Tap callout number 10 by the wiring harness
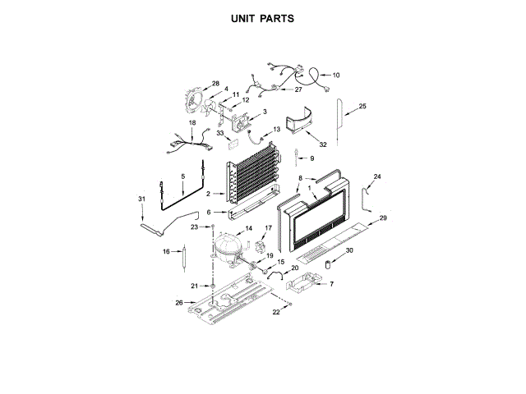click(335, 76)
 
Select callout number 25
click(362, 106)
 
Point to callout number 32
click(322, 144)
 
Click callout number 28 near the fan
click(215, 85)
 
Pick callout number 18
click(192, 122)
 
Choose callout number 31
click(141, 199)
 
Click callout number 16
click(165, 252)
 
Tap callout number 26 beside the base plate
click(179, 303)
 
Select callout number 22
click(277, 312)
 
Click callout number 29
click(382, 218)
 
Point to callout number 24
click(377, 176)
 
